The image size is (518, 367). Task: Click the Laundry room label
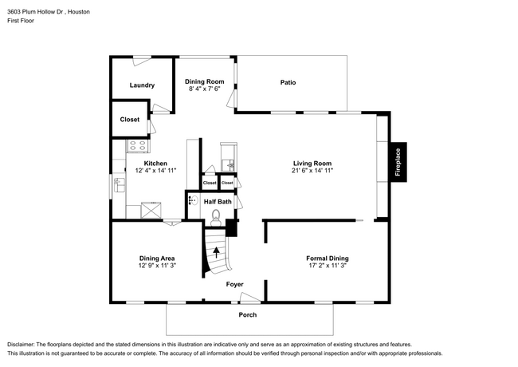pos(142,85)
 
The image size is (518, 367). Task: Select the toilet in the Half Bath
pos(224,215)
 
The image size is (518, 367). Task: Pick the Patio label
pos(288,82)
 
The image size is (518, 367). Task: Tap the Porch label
pos(248,314)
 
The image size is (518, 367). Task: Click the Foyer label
pos(234,284)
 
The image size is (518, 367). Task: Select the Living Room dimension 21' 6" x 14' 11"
pos(312,171)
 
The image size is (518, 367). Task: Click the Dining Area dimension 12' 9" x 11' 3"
pos(157,266)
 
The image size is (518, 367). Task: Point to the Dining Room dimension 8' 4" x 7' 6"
pos(205,89)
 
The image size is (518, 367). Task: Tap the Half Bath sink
pos(191,202)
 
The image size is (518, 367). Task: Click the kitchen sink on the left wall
pos(118,186)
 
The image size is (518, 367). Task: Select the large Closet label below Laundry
pos(130,120)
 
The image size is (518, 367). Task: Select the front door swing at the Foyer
pos(250,298)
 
